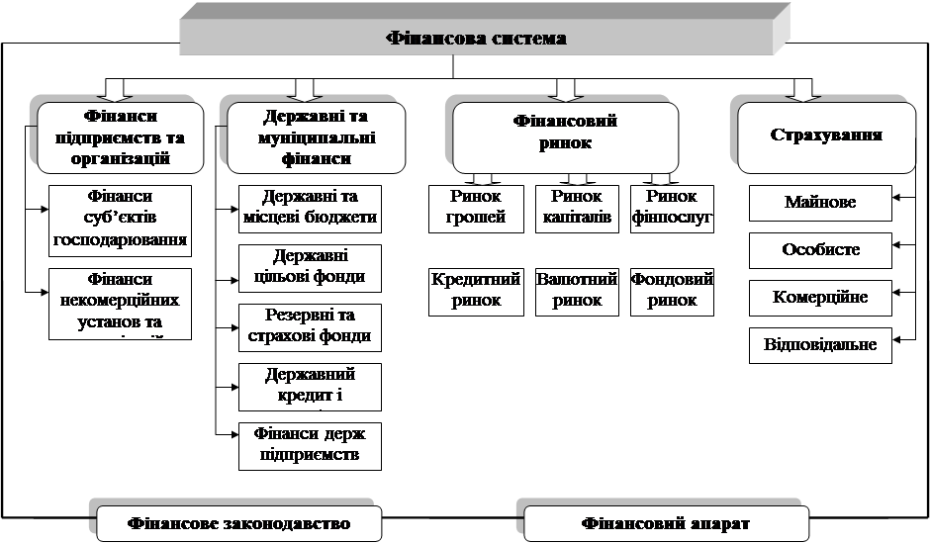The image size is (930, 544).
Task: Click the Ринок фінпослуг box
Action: pyautogui.click(x=672, y=208)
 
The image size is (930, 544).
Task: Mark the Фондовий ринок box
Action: pyautogui.click(x=672, y=291)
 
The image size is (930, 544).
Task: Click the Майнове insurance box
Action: pyautogui.click(x=820, y=203)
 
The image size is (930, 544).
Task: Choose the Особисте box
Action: pyautogui.click(x=820, y=250)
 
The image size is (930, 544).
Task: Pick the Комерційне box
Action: pyautogui.click(x=820, y=298)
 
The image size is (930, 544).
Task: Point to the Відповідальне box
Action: pyautogui.click(x=820, y=346)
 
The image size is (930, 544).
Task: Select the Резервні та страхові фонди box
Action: pyautogui.click(x=310, y=327)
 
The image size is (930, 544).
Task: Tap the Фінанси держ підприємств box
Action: pyautogui.click(x=310, y=446)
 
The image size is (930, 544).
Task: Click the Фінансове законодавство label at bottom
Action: pyautogui.click(x=239, y=522)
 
